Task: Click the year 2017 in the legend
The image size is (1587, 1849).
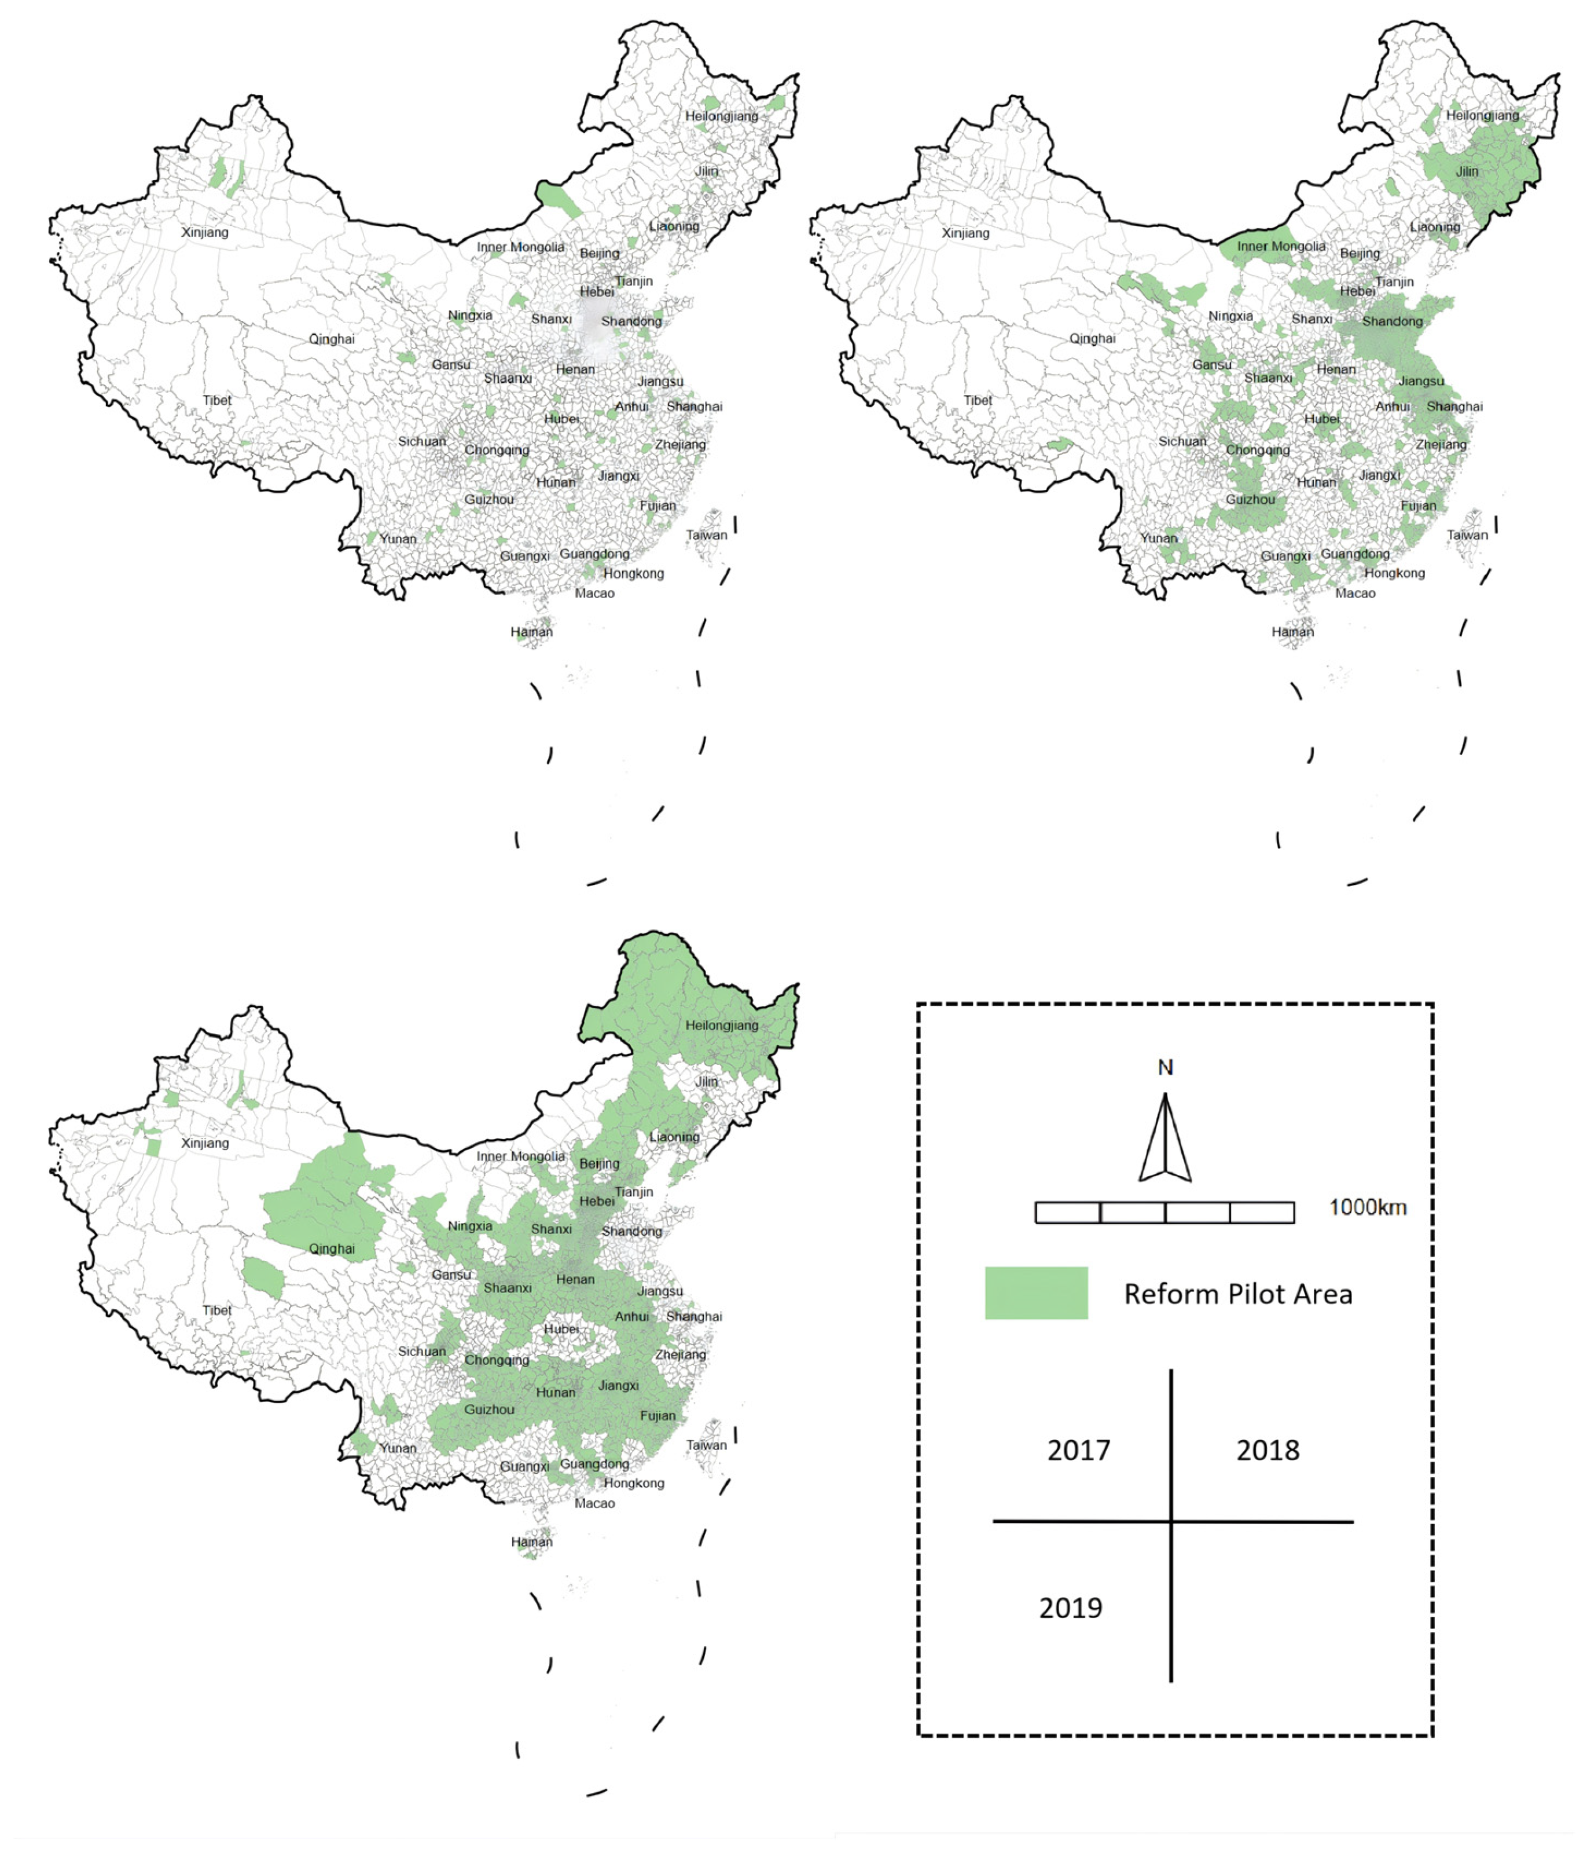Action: click(1078, 1450)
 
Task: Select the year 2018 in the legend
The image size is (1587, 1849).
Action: click(1267, 1450)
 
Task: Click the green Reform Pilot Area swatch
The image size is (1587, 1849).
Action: click(1035, 1293)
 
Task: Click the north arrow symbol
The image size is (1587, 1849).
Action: click(1164, 1138)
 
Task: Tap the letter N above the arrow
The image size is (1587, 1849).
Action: click(1165, 1067)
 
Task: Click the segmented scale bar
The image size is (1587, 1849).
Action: click(1163, 1212)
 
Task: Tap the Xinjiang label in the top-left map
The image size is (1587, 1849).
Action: click(205, 232)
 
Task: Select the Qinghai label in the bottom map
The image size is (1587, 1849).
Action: click(332, 1248)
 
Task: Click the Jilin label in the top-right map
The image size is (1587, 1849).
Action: click(1467, 171)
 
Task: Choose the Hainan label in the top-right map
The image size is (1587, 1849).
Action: click(1292, 632)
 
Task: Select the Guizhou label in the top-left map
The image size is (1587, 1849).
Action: click(489, 500)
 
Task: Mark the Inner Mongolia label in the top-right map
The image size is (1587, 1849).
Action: click(1280, 246)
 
